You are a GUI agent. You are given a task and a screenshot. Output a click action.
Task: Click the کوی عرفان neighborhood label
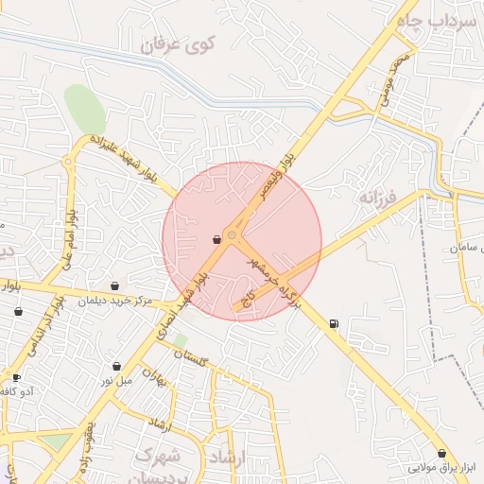point(179,43)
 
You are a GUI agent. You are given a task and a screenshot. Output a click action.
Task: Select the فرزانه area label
point(377,197)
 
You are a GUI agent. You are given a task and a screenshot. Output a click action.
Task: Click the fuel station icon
point(334,324)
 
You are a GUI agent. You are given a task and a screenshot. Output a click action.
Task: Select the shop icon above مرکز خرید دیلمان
point(115,285)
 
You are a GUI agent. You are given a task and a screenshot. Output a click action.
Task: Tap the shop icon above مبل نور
point(116,366)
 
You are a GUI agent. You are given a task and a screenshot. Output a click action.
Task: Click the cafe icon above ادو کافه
point(16,377)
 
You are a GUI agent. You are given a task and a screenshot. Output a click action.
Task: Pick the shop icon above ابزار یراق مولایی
point(442,454)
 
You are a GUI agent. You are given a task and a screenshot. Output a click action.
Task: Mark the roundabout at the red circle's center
point(233,235)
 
